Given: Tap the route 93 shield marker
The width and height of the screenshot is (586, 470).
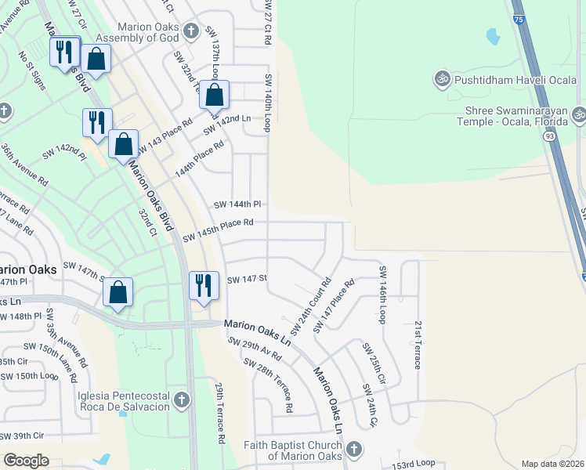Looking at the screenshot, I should tap(550, 136).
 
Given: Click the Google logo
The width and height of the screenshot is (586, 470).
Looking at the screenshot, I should tap(26, 460).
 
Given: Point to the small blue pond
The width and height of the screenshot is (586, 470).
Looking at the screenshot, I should tap(492, 36).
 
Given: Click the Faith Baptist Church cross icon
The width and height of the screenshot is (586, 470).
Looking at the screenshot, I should tap(353, 449).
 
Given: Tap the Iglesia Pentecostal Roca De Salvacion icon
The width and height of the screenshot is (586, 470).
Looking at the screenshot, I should tap(182, 401).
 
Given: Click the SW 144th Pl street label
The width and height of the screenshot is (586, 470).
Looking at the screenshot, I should tap(237, 204).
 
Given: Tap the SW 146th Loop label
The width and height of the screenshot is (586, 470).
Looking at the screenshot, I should tap(383, 294).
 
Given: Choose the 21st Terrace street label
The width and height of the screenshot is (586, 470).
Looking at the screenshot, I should tap(418, 345).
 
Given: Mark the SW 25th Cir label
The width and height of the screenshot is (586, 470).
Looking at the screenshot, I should tap(373, 362).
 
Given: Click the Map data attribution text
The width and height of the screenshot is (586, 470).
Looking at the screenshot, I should tap(552, 464).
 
